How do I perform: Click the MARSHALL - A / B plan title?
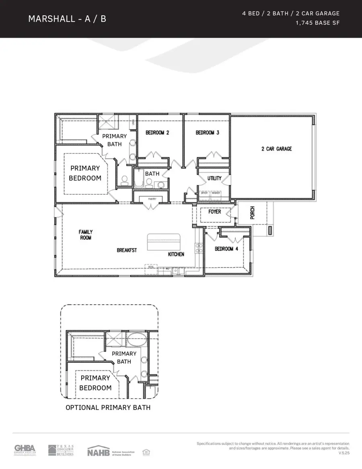67,19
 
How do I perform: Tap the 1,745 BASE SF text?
317,23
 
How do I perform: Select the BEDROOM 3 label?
207,133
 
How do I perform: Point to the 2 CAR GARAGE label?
276,149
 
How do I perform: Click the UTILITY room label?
214,178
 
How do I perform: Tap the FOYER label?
214,212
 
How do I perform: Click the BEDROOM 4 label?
226,249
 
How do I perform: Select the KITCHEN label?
176,254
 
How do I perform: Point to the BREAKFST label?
127,250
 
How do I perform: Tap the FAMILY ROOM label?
86,234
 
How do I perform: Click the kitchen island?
165,243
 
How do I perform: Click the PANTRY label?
152,199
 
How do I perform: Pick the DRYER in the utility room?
204,193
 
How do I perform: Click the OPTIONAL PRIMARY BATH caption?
108,407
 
